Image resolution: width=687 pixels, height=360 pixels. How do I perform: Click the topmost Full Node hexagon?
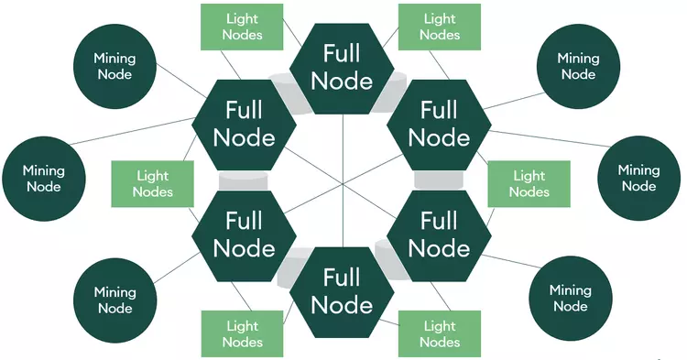click(x=342, y=69)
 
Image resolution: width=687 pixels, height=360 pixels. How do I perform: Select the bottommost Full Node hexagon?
click(x=342, y=290)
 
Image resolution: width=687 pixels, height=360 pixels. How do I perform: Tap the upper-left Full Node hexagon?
click(x=244, y=125)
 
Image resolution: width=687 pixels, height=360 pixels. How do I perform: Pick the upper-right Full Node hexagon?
click(x=439, y=125)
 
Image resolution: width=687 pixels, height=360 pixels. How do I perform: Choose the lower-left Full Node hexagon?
click(x=244, y=235)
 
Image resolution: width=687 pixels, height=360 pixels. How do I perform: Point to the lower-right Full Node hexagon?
click(x=439, y=235)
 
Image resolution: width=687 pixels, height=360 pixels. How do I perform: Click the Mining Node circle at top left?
click(x=114, y=66)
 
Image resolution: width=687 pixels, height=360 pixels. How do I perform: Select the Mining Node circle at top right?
click(x=578, y=66)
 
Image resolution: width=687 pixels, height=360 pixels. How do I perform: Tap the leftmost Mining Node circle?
click(x=44, y=179)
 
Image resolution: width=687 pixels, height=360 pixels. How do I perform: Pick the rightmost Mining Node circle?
click(x=638, y=179)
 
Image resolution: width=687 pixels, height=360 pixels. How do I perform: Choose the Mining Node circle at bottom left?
click(x=114, y=300)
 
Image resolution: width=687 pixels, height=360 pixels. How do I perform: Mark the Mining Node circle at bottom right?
click(x=571, y=299)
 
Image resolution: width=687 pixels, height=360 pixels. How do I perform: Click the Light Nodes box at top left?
click(x=244, y=27)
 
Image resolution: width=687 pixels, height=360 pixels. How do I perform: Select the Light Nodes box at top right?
click(x=440, y=27)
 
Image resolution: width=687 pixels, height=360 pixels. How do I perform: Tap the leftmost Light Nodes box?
click(x=153, y=183)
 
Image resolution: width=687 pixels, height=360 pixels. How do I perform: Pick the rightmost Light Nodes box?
click(x=529, y=183)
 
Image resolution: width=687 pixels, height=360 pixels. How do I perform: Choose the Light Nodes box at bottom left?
click(x=244, y=334)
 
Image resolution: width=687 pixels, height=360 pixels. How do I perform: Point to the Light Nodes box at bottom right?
click(x=440, y=334)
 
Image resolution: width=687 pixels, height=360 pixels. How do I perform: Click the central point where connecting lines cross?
click(x=343, y=183)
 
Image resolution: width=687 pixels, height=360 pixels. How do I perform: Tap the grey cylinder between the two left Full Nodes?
click(x=242, y=180)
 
